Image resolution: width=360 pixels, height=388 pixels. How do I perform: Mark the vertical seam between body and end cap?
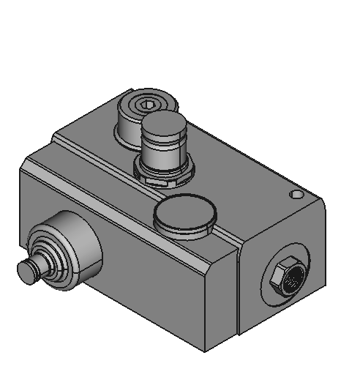click(239, 293)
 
